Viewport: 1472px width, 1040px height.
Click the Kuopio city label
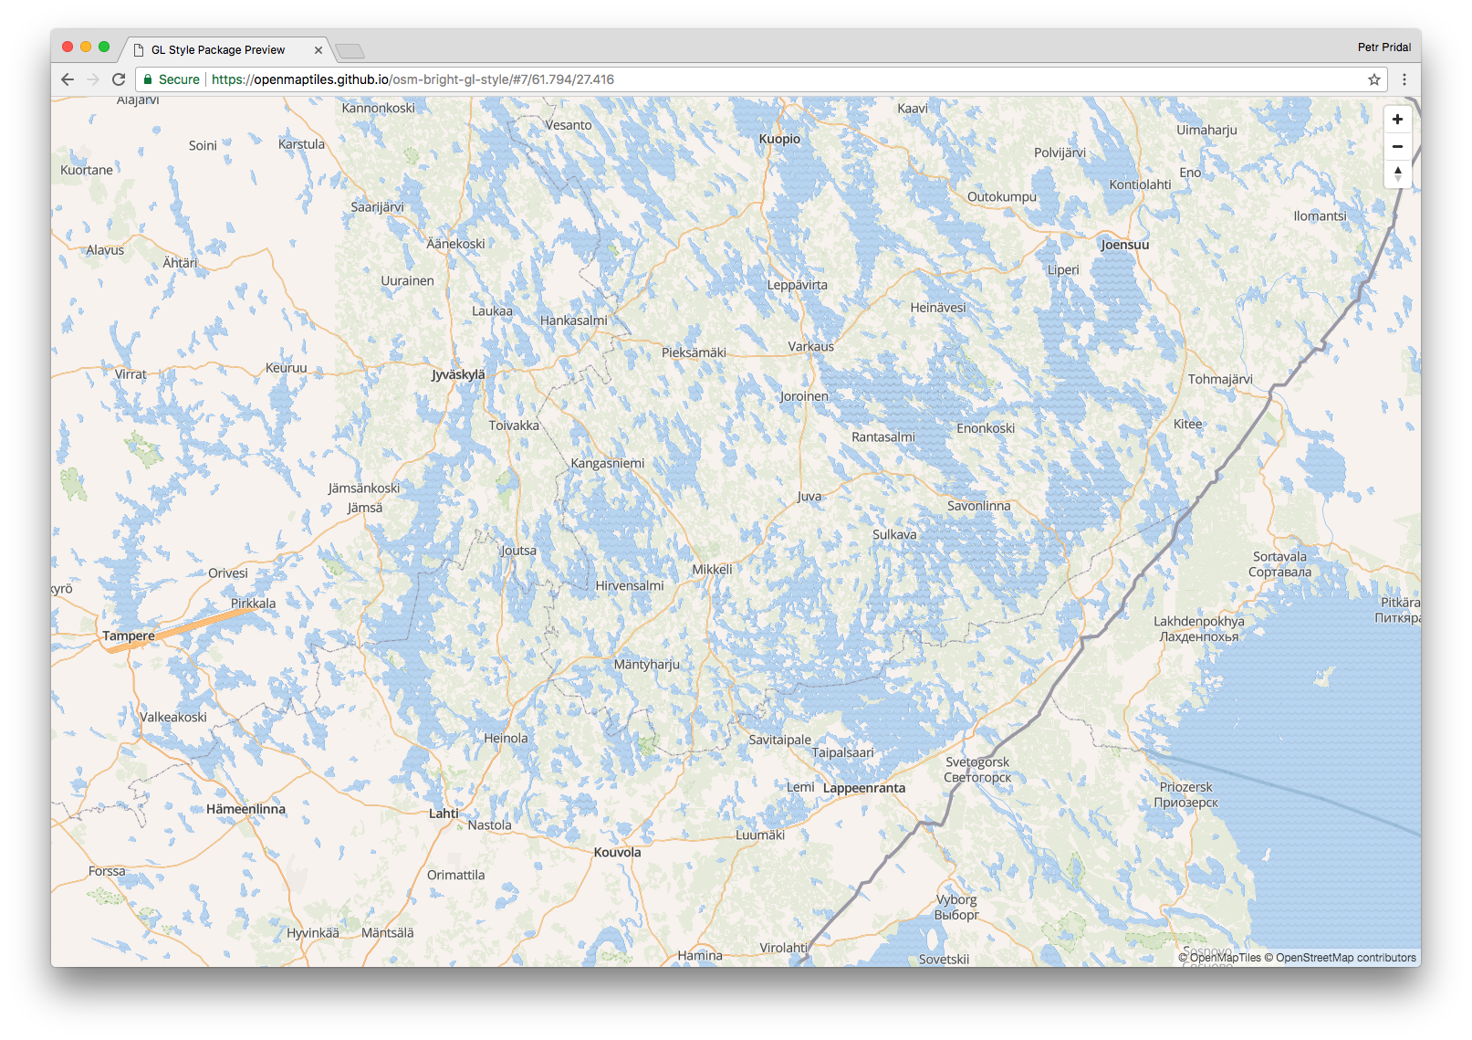(779, 139)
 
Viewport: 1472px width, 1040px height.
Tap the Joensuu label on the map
(1124, 245)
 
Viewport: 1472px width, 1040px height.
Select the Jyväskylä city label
(458, 374)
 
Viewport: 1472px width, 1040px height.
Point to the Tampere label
(129, 636)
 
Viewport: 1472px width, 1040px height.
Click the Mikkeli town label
(712, 569)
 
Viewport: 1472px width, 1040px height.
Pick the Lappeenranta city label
(864, 788)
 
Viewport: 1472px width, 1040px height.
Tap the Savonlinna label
(978, 506)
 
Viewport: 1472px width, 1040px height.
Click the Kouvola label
(617, 852)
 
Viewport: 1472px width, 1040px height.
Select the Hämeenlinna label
(245, 809)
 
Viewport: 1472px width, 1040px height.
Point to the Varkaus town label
(810, 347)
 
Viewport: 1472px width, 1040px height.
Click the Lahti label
(444, 813)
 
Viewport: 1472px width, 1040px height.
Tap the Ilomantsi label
(1320, 216)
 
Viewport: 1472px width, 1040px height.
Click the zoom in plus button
(1397, 120)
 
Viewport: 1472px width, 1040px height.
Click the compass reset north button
(1397, 173)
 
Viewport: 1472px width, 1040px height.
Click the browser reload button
(119, 79)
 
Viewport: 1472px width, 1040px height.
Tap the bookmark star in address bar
(1374, 79)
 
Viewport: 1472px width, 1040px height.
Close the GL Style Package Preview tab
(318, 50)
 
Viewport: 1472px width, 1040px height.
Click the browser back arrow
(68, 79)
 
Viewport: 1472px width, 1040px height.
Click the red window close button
(68, 47)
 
